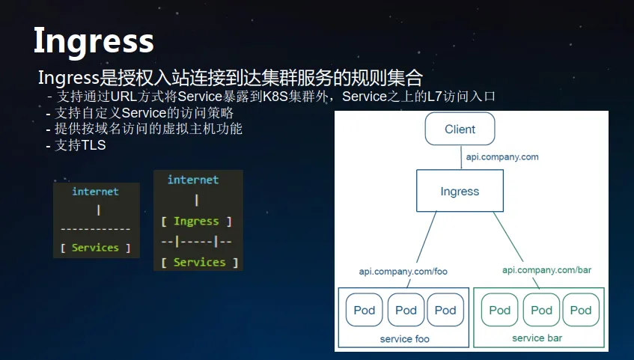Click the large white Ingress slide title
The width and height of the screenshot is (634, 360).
tap(94, 41)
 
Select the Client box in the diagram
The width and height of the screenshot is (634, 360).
tap(460, 129)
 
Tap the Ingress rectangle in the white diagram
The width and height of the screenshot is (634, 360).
tap(460, 191)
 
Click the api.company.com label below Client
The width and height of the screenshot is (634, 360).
tap(502, 157)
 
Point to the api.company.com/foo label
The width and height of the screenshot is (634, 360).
tap(403, 272)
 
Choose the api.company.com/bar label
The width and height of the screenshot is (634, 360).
tap(546, 269)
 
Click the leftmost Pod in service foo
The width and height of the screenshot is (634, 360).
tap(365, 310)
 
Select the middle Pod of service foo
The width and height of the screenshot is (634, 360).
tap(406, 310)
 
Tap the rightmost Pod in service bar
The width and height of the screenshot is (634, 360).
tap(581, 310)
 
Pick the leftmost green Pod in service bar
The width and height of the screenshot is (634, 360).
tap(500, 310)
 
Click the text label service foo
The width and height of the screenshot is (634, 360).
tap(404, 339)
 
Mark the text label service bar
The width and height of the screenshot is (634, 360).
tap(537, 338)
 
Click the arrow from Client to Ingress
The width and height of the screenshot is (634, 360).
tap(461, 157)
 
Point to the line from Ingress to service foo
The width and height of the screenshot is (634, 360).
tap(421, 249)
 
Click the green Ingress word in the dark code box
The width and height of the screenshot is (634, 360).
tap(196, 222)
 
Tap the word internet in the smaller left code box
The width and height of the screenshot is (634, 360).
tap(95, 192)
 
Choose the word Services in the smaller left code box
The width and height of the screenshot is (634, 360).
tap(95, 248)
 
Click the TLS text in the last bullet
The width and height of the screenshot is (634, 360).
tap(94, 144)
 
